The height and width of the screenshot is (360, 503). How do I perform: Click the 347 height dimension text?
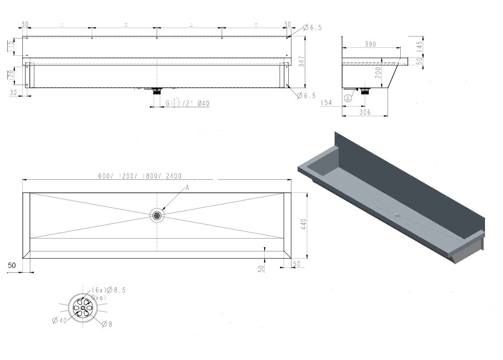click(x=301, y=62)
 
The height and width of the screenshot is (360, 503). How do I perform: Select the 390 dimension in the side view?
click(x=371, y=44)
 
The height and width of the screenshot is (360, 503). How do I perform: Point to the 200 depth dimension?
click(x=378, y=72)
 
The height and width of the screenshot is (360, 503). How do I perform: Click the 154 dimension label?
click(x=326, y=103)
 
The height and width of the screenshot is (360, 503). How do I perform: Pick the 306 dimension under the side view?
click(x=365, y=112)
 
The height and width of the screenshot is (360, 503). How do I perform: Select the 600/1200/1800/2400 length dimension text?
click(x=140, y=176)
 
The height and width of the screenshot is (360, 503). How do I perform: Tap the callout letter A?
click(x=187, y=188)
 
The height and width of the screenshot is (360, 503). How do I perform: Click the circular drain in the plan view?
click(x=157, y=215)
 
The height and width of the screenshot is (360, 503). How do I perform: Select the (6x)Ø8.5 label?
click(x=108, y=290)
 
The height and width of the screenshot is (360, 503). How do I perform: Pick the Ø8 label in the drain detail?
click(x=107, y=324)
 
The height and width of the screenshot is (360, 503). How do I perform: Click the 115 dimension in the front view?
click(x=10, y=46)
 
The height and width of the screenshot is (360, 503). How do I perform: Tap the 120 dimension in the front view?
click(x=10, y=75)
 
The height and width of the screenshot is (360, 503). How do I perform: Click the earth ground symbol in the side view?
click(x=348, y=98)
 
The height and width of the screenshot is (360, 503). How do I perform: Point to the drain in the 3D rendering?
click(x=396, y=215)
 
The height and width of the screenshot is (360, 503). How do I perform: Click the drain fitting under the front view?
click(x=157, y=91)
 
